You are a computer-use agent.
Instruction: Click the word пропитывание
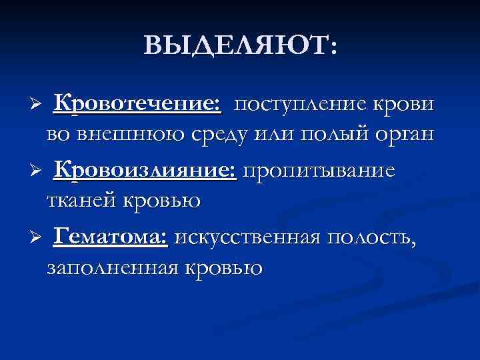point(319,171)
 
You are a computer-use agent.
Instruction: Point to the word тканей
point(82,199)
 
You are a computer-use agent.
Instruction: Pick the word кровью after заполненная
point(224,267)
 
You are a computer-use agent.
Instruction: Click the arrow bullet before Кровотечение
point(38,107)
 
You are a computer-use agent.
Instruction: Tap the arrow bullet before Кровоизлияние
point(38,173)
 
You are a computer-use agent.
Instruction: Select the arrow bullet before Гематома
point(38,238)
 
